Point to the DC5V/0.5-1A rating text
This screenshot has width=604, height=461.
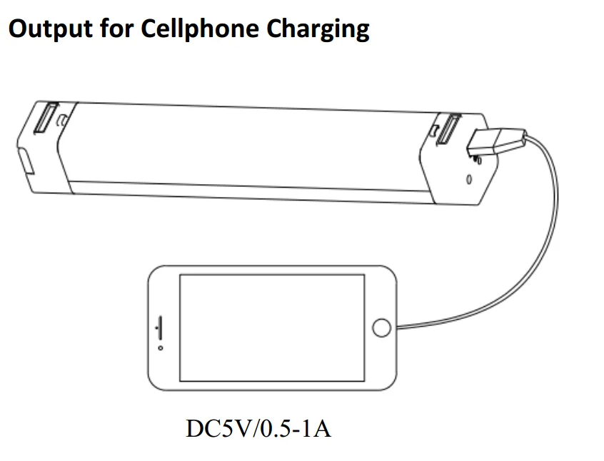click(x=258, y=430)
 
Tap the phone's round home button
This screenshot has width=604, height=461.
click(x=382, y=328)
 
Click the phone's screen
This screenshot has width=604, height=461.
click(x=271, y=328)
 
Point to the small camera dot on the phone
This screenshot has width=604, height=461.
click(x=160, y=348)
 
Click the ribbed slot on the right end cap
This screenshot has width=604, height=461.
click(x=451, y=131)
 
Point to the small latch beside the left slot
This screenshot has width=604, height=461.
click(x=64, y=118)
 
